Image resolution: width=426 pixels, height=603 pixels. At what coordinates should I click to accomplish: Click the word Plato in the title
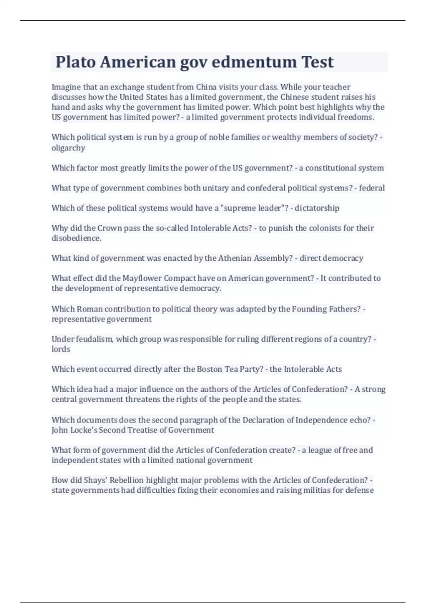click(76, 62)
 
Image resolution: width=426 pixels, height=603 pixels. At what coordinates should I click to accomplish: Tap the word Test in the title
click(317, 62)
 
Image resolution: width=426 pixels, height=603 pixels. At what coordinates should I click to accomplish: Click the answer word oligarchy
click(68, 148)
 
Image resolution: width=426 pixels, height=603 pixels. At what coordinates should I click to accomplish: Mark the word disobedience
click(76, 238)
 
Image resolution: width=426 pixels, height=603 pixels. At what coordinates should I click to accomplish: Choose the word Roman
click(89, 309)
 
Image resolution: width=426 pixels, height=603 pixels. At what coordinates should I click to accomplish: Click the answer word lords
click(61, 349)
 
